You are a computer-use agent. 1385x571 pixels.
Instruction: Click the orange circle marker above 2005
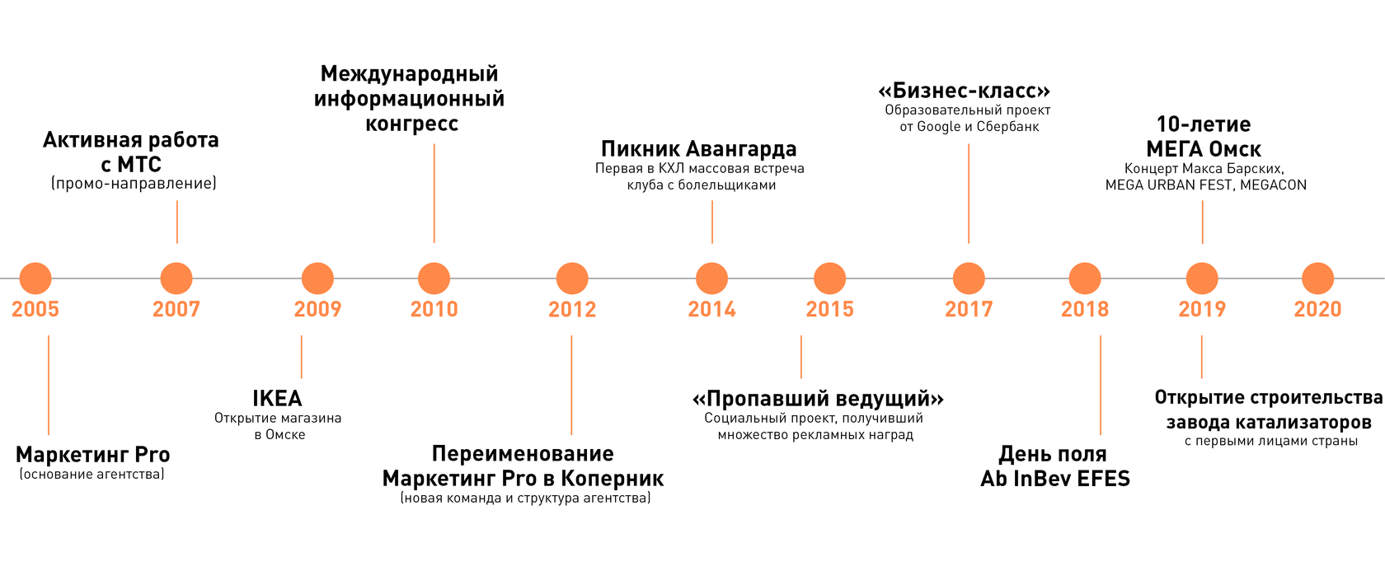35,278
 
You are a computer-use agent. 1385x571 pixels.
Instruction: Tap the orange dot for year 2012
572,278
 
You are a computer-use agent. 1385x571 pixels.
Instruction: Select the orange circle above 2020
1317,278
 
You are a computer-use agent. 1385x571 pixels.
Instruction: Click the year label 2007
176,309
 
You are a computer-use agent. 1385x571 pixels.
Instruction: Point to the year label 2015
829,309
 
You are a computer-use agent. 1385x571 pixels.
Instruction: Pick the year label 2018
1085,309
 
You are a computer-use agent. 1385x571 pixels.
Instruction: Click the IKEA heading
277,399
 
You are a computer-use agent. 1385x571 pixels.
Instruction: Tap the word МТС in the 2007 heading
139,165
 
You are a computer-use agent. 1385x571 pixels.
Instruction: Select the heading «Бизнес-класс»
965,91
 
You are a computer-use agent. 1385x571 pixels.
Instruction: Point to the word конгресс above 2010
411,124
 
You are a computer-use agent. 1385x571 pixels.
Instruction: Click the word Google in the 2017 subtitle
939,127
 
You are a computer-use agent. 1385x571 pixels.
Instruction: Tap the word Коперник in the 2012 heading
613,479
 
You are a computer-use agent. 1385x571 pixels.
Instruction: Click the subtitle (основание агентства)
92,475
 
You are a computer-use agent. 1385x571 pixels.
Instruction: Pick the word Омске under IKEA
285,435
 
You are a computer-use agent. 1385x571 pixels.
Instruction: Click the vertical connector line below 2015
801,357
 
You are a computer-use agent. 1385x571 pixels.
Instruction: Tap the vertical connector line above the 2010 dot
434,194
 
